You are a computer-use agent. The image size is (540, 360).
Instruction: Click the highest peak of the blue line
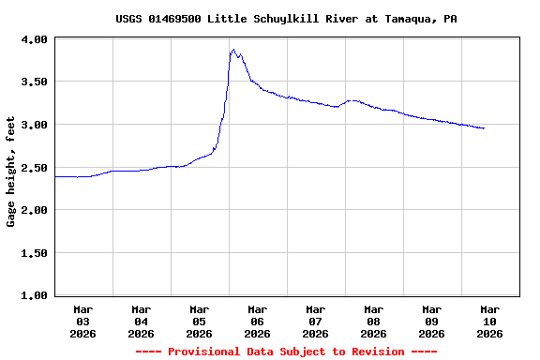(233, 50)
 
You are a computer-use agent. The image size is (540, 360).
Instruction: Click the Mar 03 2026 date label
(83, 321)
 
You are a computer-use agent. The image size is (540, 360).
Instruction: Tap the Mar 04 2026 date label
(142, 321)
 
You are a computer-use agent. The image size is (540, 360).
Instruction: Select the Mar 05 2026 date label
(200, 321)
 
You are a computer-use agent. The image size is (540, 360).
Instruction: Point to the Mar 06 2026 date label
(258, 321)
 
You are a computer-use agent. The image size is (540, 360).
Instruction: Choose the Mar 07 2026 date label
(316, 321)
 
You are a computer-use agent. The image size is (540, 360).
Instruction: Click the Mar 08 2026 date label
(374, 321)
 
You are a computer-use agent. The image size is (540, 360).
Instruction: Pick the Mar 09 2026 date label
(432, 321)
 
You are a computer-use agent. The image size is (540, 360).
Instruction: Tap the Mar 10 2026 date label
(490, 321)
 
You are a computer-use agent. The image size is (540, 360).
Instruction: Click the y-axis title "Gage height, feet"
(11, 172)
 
